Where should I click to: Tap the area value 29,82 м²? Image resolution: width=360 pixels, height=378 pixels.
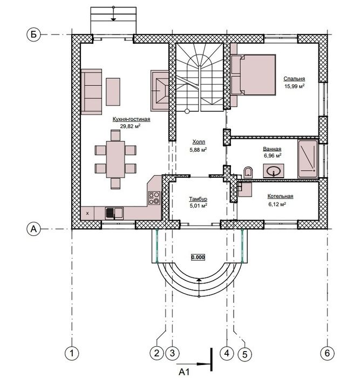coord(131,126)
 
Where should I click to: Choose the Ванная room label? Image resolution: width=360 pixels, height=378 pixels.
coord(271,148)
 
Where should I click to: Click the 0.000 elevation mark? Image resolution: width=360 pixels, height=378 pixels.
coord(198,257)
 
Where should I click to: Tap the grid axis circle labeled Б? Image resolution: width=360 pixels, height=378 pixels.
coord(33,35)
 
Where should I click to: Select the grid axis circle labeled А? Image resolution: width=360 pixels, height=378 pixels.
coord(33,229)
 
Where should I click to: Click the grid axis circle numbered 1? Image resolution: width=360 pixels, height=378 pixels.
coord(71,354)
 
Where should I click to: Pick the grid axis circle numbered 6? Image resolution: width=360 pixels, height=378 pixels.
coord(327,354)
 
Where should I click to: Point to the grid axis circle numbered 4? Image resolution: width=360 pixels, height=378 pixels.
coord(227,354)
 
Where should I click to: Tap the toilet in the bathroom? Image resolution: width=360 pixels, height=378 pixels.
coord(248,172)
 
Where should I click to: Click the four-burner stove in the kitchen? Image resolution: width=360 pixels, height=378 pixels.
coord(154,198)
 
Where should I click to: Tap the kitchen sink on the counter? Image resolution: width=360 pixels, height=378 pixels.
coord(114,213)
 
